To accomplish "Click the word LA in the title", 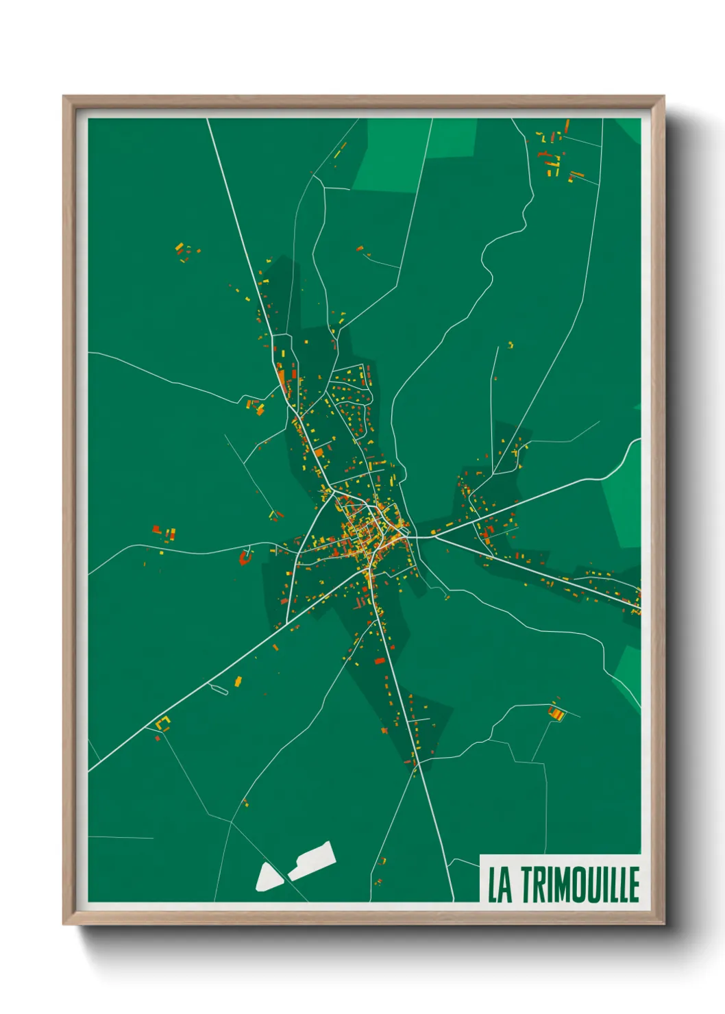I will click(x=500, y=885).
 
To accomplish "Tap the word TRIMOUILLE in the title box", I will click(x=580, y=885).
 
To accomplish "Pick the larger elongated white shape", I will click(x=312, y=861).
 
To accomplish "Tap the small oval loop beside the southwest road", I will click(x=219, y=690).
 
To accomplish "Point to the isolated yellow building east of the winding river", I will click(x=511, y=345).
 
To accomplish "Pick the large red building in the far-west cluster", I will click(x=156, y=529).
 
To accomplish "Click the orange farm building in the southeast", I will click(x=556, y=713).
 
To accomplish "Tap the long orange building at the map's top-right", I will click(x=567, y=127).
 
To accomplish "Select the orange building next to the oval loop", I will click(x=238, y=681).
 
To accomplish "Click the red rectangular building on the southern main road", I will click(x=380, y=660).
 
